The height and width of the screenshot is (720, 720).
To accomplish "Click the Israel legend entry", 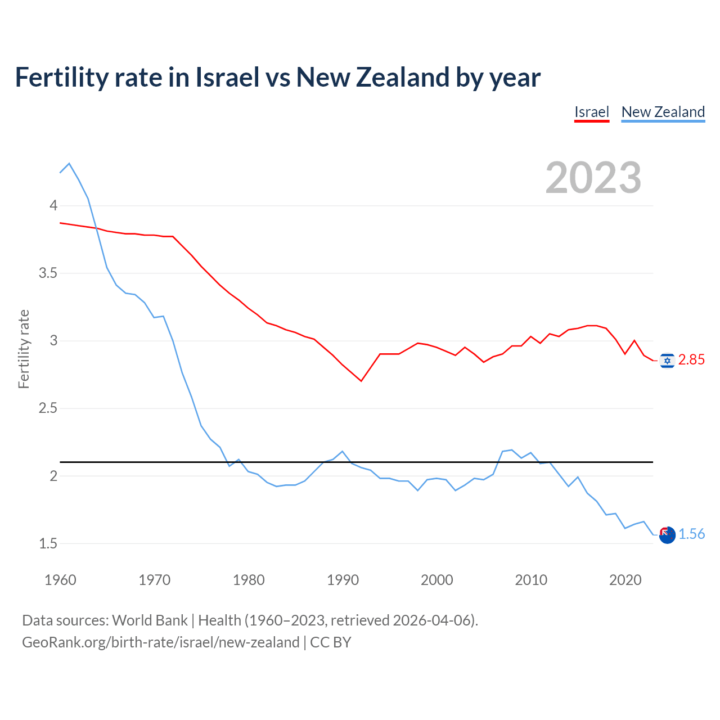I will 591,112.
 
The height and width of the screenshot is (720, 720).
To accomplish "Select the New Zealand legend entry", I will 663,112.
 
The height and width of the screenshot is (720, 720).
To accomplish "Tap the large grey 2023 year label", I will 593,178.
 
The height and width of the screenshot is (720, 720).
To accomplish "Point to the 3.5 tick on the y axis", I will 48,273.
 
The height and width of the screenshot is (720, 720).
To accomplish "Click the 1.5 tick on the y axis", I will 48,543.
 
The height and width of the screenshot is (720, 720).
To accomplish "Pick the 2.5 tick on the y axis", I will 48,408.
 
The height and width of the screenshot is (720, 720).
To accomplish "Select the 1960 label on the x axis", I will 60,580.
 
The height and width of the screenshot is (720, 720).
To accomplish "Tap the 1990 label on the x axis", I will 343,580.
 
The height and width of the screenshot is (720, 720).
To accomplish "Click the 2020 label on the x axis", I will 625,580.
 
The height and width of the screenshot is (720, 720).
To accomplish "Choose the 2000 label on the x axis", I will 436,580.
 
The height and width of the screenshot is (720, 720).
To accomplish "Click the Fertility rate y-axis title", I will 24,349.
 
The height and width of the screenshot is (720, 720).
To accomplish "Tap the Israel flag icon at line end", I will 667,361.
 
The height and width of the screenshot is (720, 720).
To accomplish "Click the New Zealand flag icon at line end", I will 667,535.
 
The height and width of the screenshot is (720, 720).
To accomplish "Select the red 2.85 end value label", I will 691,360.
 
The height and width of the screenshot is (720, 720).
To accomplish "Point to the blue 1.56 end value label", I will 691,534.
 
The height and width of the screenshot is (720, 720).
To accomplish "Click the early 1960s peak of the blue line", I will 69,164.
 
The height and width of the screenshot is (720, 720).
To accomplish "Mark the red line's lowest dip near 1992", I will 361,381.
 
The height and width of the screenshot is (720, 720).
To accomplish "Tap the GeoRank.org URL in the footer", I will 160,642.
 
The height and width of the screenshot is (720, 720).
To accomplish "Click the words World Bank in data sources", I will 150,620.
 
